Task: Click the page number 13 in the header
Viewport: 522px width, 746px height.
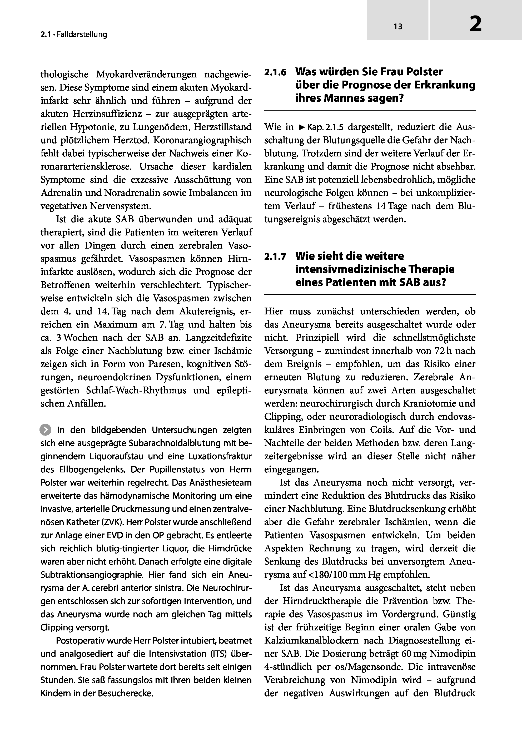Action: (398, 27)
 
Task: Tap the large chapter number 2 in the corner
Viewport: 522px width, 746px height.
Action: (476, 25)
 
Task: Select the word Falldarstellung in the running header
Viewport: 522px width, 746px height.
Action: (82, 34)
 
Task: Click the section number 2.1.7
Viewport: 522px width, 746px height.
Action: (275, 257)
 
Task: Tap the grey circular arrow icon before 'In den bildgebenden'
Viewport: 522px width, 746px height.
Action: (46, 430)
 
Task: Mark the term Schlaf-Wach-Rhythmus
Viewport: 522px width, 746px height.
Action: (136, 390)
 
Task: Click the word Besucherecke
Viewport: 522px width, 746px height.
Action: (125, 693)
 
